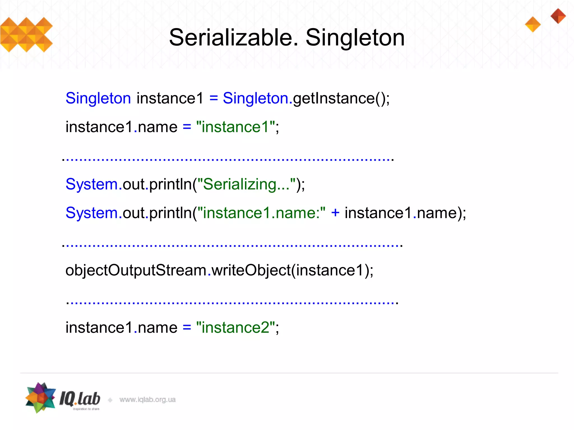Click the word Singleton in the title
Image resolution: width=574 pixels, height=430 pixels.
pyautogui.click(x=355, y=38)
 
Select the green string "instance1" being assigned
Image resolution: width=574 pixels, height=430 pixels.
pyautogui.click(x=235, y=127)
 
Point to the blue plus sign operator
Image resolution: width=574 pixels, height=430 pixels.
pyautogui.click(x=335, y=213)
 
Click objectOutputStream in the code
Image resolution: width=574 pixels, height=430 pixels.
pyautogui.click(x=136, y=270)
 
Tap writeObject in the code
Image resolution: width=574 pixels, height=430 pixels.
pyautogui.click(x=251, y=270)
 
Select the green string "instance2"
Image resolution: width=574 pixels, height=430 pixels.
pyautogui.click(x=235, y=328)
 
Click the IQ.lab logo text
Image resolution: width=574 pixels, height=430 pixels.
pyautogui.click(x=80, y=399)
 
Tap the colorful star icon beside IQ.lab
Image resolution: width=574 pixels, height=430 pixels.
pyautogui.click(x=40, y=398)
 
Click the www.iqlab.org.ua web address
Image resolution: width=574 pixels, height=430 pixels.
pyautogui.click(x=147, y=399)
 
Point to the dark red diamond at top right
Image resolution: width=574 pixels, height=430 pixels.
pyautogui.click(x=558, y=16)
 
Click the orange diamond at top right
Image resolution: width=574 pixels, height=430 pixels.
pyautogui.click(x=533, y=24)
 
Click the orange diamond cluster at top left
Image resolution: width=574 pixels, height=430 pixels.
pyautogui.click(x=26, y=35)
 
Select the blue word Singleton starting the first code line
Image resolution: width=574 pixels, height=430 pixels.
pyautogui.click(x=98, y=98)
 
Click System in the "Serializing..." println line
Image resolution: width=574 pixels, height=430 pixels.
pyautogui.click(x=92, y=184)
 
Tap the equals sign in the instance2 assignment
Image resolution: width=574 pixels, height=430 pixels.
pyautogui.click(x=187, y=328)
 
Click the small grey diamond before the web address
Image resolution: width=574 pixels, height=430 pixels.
pyautogui.click(x=110, y=400)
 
